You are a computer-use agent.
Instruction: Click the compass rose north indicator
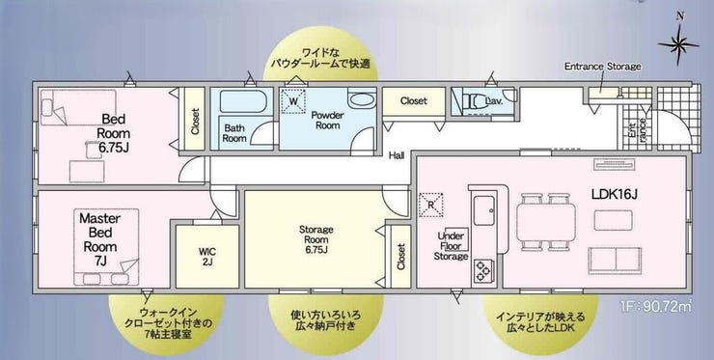coord(678,44)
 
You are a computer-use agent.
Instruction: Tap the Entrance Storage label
coord(602,67)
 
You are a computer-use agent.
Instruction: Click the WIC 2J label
coord(207,256)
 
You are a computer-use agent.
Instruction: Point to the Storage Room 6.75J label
coord(316,239)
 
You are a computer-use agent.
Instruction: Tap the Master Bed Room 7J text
coord(99,239)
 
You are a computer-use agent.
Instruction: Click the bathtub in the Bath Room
coord(243,101)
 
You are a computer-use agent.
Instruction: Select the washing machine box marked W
coord(293,101)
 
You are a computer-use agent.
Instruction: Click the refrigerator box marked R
coord(430,205)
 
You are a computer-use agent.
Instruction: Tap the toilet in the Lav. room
coord(475,100)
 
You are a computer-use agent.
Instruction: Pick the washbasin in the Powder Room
coord(363,99)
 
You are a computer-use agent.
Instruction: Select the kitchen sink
coord(483,210)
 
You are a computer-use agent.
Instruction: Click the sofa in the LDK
coord(615,261)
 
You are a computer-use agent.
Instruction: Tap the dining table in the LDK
coord(545,222)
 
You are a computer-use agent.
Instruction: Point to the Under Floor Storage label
coord(451,246)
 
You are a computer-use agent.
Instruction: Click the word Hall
coord(397,155)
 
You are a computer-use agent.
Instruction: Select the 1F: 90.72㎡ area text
coord(656,307)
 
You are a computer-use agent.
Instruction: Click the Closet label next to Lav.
coord(414,100)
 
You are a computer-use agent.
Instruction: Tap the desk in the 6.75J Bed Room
coord(87,172)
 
